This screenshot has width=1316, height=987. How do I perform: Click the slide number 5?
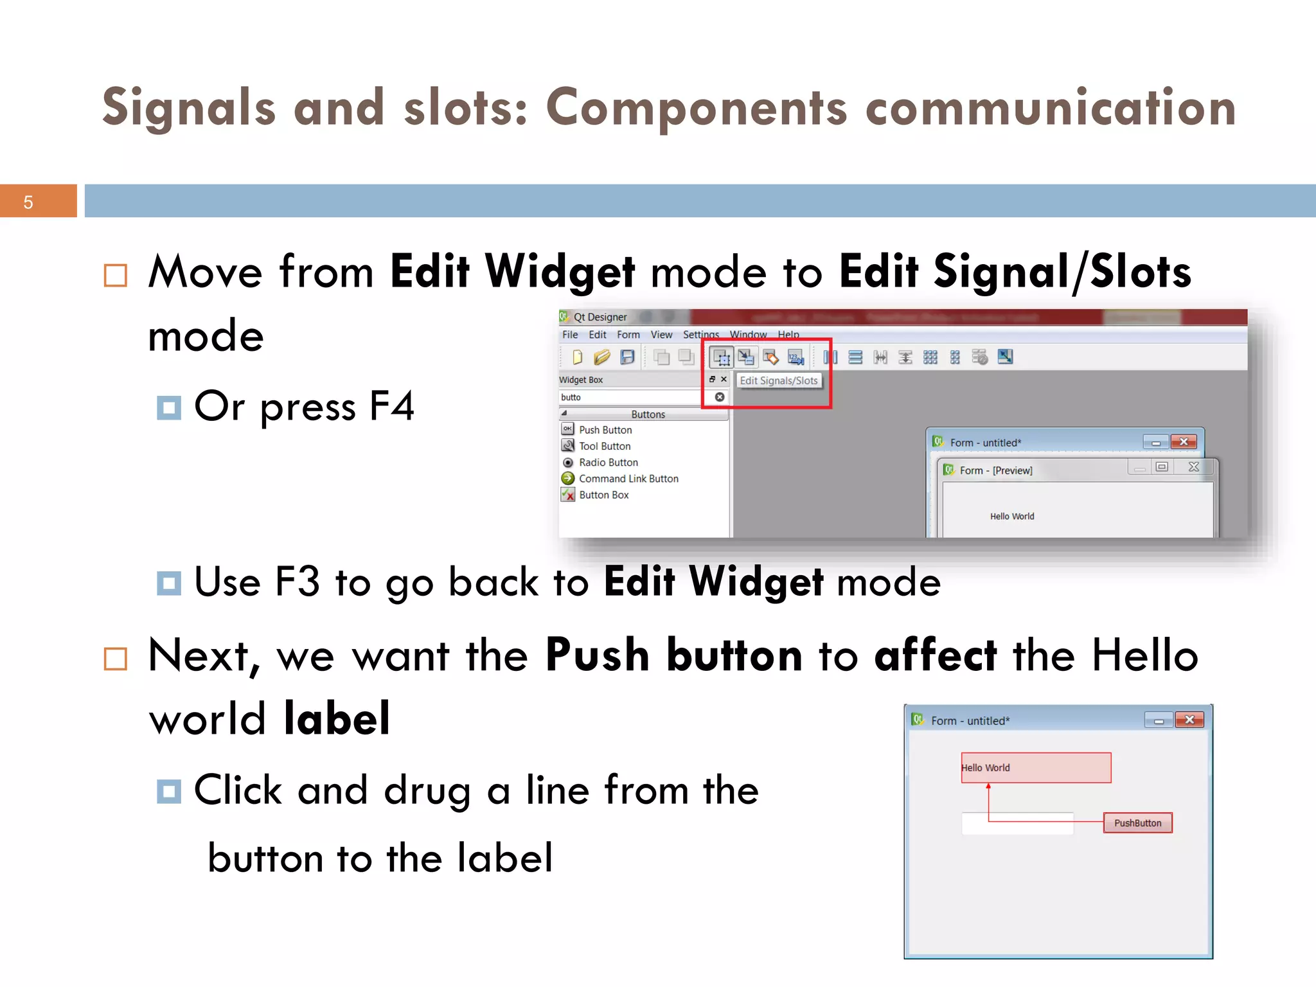pyautogui.click(x=28, y=202)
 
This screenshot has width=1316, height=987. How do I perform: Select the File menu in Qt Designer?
pyautogui.click(x=569, y=335)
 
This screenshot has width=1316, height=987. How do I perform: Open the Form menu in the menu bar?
pyautogui.click(x=628, y=335)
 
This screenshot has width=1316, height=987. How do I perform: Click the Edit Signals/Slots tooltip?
pyautogui.click(x=778, y=380)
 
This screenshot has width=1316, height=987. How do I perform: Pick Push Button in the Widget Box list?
pyautogui.click(x=605, y=430)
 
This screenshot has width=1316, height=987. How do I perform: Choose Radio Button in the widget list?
pyautogui.click(x=608, y=463)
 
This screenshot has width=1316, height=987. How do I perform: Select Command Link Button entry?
pyautogui.click(x=628, y=479)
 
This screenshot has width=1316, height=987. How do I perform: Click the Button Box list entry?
pyautogui.click(x=603, y=495)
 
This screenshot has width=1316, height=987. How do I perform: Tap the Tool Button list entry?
pyautogui.click(x=604, y=446)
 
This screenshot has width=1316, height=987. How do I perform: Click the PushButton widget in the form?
pyautogui.click(x=1137, y=823)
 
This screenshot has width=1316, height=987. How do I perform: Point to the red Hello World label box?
pyautogui.click(x=1036, y=768)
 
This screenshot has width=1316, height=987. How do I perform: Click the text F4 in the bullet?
pyautogui.click(x=392, y=406)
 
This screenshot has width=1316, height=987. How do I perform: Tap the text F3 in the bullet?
pyautogui.click(x=297, y=582)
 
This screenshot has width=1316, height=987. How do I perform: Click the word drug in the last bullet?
pyautogui.click(x=427, y=790)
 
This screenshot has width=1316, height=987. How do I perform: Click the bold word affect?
pyautogui.click(x=936, y=655)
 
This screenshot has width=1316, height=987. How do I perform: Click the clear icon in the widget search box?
pyautogui.click(x=720, y=397)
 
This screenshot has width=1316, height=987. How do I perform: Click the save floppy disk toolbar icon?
pyautogui.click(x=627, y=357)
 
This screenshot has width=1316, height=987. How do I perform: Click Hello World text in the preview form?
pyautogui.click(x=1012, y=517)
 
